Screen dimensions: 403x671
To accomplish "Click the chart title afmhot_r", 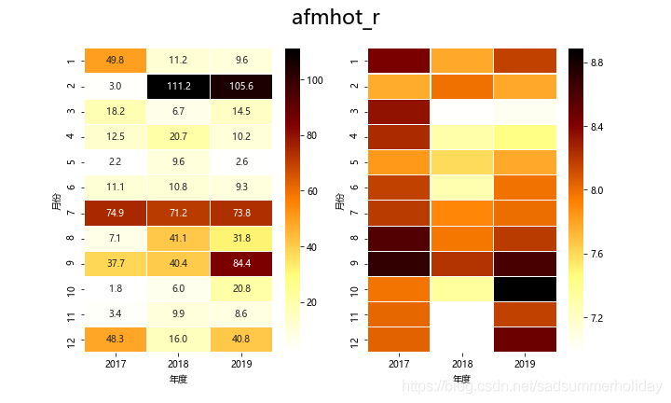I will (335, 18).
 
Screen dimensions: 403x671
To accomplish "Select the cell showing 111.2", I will (178, 86).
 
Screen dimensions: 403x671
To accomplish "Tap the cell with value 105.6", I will (240, 86).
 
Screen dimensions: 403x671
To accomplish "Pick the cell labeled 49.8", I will (116, 60).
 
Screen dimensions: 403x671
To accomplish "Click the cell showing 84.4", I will (240, 262).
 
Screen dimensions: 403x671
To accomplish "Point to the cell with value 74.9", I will (116, 212).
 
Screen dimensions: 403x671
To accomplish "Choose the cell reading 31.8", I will (240, 237).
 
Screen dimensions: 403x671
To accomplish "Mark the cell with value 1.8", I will (116, 287).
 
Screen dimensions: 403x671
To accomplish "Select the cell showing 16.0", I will (178, 339).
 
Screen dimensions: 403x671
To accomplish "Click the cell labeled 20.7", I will (178, 136).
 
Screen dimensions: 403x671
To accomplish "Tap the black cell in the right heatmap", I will (525, 288).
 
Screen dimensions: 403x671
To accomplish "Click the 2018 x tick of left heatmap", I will (178, 362).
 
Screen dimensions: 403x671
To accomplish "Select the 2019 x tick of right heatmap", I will (525, 362).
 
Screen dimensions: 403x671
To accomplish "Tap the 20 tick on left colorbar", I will (312, 302).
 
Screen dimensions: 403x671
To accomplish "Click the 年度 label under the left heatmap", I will (178, 379).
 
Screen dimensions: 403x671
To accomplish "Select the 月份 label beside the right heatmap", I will (340, 200).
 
